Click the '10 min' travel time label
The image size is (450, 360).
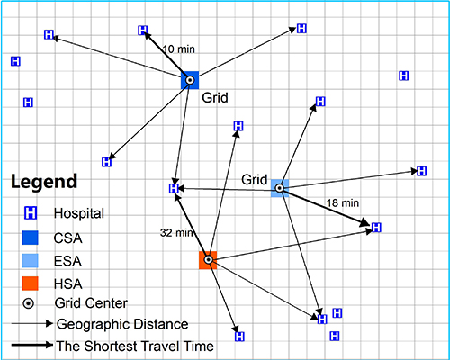click(x=179, y=49)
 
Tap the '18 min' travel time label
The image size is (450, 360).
click(x=343, y=203)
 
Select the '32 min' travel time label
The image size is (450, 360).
click(x=176, y=233)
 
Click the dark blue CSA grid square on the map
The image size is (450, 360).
click(x=190, y=80)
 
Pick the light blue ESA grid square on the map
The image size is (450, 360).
click(x=280, y=188)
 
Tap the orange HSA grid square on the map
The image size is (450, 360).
click(x=208, y=260)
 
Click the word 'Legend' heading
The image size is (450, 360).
click(x=44, y=182)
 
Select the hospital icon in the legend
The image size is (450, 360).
click(x=31, y=213)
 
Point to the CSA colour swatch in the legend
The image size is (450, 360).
click(x=30, y=238)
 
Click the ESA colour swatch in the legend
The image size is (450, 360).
click(x=30, y=261)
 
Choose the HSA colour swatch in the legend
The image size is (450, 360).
click(x=30, y=283)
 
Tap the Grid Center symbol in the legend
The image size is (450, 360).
click(x=29, y=303)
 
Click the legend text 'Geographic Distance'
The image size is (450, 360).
click(x=122, y=324)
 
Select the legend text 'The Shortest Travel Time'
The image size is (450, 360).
click(x=135, y=346)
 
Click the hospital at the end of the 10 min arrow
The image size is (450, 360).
click(x=143, y=31)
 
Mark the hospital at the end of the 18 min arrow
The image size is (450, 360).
click(x=376, y=228)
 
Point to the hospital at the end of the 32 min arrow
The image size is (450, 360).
click(x=174, y=189)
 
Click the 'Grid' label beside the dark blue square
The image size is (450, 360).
click(x=215, y=98)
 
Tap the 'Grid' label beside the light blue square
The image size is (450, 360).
click(x=255, y=180)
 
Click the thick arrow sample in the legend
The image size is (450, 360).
click(x=32, y=345)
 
